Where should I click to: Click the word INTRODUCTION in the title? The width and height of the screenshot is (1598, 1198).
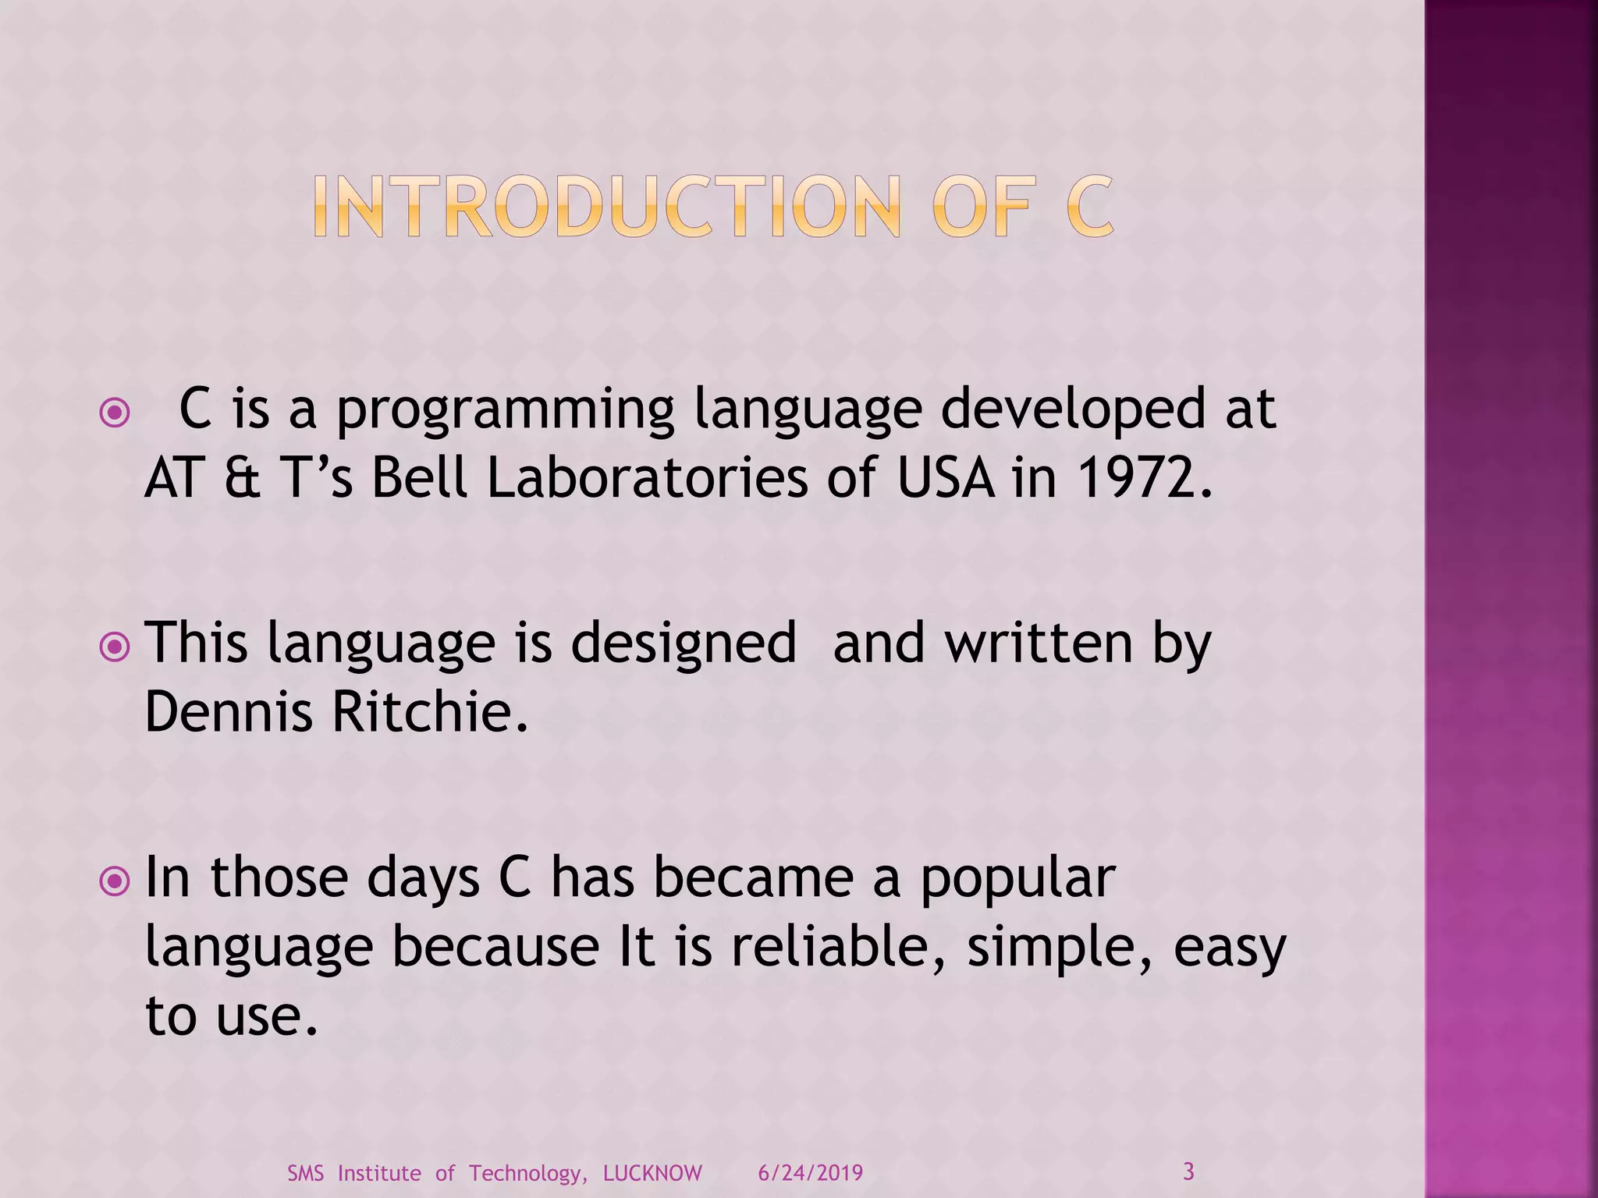(x=607, y=207)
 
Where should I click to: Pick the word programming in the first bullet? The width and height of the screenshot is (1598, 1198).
(x=505, y=410)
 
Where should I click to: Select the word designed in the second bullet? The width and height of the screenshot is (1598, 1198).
(x=684, y=644)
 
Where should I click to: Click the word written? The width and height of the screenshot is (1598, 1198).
(x=1039, y=643)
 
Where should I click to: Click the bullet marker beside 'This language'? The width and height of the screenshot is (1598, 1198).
(x=115, y=647)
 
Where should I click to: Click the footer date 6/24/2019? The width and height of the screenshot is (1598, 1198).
(x=811, y=1173)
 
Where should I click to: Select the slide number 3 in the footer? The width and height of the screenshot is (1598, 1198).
(x=1188, y=1171)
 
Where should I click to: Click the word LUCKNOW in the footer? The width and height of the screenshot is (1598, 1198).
(x=652, y=1173)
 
